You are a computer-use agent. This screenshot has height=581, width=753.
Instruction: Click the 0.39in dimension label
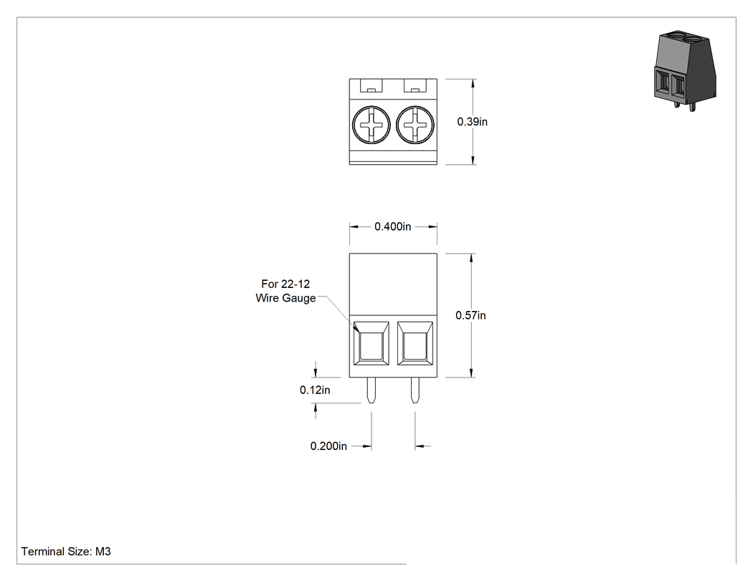click(472, 122)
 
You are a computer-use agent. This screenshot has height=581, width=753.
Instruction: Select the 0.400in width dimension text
click(393, 226)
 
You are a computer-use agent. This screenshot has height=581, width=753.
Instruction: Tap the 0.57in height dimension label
click(470, 315)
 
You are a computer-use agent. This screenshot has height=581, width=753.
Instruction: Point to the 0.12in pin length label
click(315, 390)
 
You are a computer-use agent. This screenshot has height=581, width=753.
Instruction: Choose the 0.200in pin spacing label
click(328, 446)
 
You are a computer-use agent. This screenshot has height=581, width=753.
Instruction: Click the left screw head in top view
click(371, 125)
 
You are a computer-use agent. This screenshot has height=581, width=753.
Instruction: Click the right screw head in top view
click(415, 125)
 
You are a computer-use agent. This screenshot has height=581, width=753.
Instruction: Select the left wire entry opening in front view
click(371, 344)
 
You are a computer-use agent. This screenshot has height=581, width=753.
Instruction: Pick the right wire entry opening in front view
click(415, 344)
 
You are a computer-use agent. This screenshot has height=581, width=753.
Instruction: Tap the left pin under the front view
click(371, 390)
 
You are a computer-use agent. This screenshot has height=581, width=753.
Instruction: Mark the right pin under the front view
click(415, 390)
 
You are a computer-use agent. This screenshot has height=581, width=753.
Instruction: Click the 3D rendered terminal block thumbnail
click(685, 71)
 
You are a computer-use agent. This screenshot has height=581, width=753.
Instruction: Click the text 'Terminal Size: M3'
click(66, 552)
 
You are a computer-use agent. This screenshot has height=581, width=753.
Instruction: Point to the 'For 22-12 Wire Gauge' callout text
click(285, 292)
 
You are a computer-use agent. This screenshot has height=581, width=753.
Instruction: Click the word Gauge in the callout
click(299, 299)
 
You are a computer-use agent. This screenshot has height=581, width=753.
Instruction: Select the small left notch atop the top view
click(371, 90)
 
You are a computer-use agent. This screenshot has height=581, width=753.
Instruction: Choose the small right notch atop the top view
click(415, 90)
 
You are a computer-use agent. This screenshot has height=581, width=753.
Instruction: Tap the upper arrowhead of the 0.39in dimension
click(473, 84)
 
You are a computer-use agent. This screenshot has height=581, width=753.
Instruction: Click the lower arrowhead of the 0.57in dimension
click(472, 373)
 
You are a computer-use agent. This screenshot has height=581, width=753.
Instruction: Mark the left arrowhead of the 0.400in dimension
click(354, 227)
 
